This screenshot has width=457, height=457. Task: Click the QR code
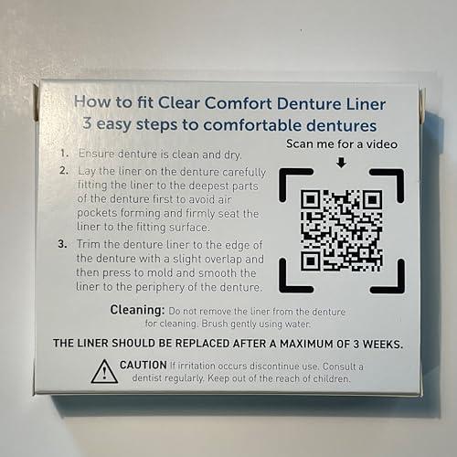(342, 229)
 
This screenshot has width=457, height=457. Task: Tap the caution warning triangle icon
(104, 371)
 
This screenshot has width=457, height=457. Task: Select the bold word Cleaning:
(137, 310)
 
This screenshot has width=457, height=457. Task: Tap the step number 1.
(61, 154)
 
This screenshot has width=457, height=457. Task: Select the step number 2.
(61, 171)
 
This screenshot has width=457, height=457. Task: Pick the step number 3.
(61, 243)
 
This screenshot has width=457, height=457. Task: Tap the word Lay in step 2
(89, 171)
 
